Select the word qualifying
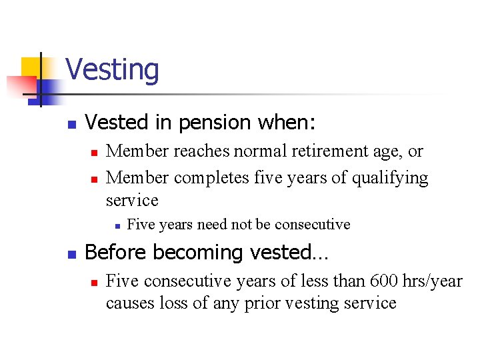coord(391,178)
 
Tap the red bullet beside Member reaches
coord(94,153)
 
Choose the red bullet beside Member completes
coord(94,179)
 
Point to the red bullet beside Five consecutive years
coord(94,283)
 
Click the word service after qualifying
coord(132,200)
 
